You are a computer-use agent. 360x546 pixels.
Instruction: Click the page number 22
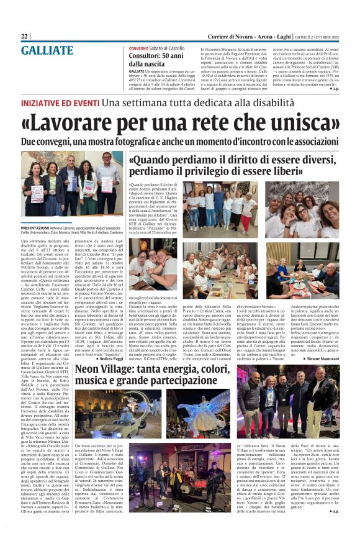click(24, 37)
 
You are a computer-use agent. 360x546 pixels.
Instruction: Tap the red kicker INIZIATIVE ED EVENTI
click(60, 102)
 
